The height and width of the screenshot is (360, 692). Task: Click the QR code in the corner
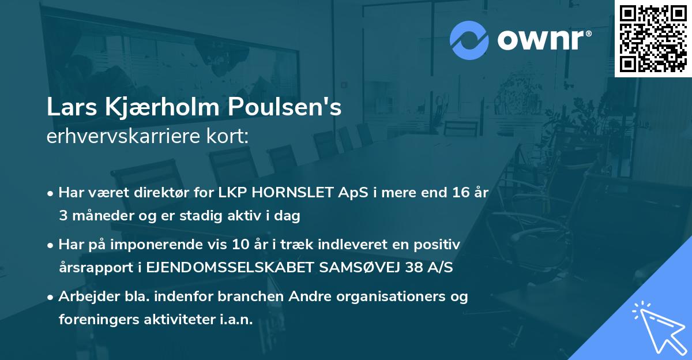click(653, 38)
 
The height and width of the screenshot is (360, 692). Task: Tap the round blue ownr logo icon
click(469, 40)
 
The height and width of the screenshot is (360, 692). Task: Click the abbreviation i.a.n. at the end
click(236, 320)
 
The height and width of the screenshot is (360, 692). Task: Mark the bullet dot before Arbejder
click(51, 297)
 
